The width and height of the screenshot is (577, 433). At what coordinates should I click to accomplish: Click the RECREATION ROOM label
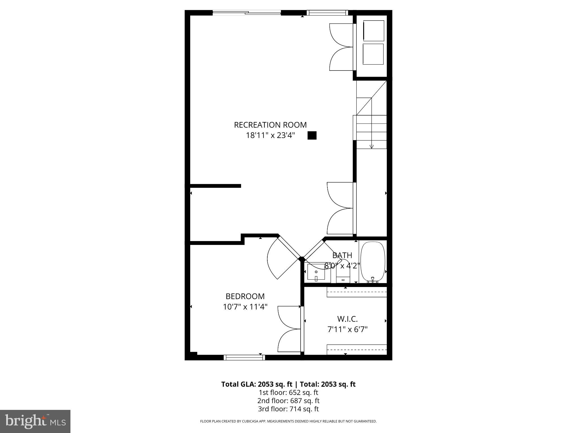pyautogui.click(x=270, y=125)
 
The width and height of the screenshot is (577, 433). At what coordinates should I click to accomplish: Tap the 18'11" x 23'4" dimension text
pyautogui.click(x=270, y=136)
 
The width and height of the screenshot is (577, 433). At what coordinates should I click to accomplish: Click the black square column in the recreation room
pyautogui.click(x=312, y=136)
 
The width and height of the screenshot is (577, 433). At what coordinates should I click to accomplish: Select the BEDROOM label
pyautogui.click(x=245, y=296)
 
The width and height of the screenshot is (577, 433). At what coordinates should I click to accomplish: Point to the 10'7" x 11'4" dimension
pyautogui.click(x=245, y=307)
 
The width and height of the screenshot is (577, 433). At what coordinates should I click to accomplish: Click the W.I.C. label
pyautogui.click(x=347, y=319)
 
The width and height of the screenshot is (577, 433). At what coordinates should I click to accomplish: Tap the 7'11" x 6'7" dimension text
pyautogui.click(x=347, y=329)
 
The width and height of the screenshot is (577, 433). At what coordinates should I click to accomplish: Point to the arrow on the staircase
pyautogui.click(x=372, y=146)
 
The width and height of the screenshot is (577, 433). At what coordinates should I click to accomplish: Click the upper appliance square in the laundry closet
pyautogui.click(x=374, y=30)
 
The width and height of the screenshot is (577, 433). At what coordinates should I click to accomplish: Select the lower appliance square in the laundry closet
pyautogui.click(x=373, y=54)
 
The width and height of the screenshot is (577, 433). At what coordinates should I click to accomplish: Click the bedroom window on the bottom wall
pyautogui.click(x=244, y=357)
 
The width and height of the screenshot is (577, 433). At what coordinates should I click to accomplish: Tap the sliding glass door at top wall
pyautogui.click(x=247, y=12)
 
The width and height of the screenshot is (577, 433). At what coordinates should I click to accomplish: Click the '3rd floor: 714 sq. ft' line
pyautogui.click(x=288, y=409)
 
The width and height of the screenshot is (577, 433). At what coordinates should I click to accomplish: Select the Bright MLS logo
pyautogui.click(x=35, y=421)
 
